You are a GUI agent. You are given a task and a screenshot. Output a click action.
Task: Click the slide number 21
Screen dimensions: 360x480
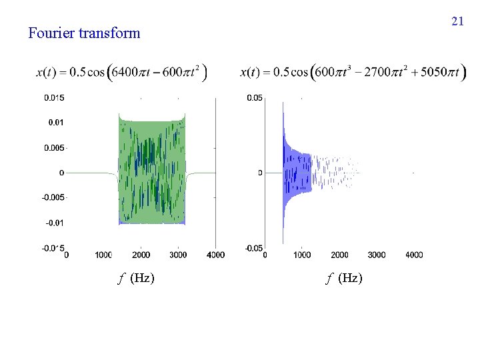(457, 21)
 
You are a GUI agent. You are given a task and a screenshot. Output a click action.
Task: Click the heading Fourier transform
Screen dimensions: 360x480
(84, 33)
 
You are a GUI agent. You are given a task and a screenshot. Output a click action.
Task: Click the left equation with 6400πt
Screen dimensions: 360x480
(121, 72)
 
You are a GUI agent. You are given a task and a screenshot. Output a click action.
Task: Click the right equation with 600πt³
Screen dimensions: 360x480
(349, 72)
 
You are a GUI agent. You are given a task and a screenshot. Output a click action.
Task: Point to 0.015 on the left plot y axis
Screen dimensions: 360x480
(54, 98)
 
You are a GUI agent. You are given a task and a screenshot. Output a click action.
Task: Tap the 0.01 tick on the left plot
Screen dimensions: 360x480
(56, 123)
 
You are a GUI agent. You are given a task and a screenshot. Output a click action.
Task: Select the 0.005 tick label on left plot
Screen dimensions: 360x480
(54, 147)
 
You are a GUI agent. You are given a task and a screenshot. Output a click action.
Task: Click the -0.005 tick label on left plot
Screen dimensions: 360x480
(53, 197)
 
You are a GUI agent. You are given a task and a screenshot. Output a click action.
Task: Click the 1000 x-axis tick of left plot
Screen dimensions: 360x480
(103, 255)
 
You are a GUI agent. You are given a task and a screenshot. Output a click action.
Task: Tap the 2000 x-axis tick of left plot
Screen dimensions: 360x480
(141, 255)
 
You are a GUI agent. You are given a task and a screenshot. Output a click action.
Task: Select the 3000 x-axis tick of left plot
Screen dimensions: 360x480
(178, 255)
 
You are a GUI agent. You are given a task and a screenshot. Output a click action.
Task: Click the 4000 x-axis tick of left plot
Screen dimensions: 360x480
(215, 255)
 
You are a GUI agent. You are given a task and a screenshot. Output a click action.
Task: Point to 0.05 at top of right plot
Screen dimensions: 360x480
(255, 98)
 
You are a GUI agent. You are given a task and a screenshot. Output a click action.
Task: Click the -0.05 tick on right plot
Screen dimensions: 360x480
(253, 248)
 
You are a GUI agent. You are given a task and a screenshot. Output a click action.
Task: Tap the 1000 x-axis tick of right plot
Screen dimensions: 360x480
(302, 255)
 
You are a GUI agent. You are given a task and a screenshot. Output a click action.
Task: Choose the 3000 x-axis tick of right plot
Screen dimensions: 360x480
(376, 255)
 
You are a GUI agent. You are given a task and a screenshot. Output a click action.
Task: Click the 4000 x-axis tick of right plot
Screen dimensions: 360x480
(413, 255)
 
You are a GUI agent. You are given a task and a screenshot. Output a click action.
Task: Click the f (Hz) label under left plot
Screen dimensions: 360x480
(136, 278)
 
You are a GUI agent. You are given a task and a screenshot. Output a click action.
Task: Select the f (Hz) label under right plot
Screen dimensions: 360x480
(344, 278)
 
